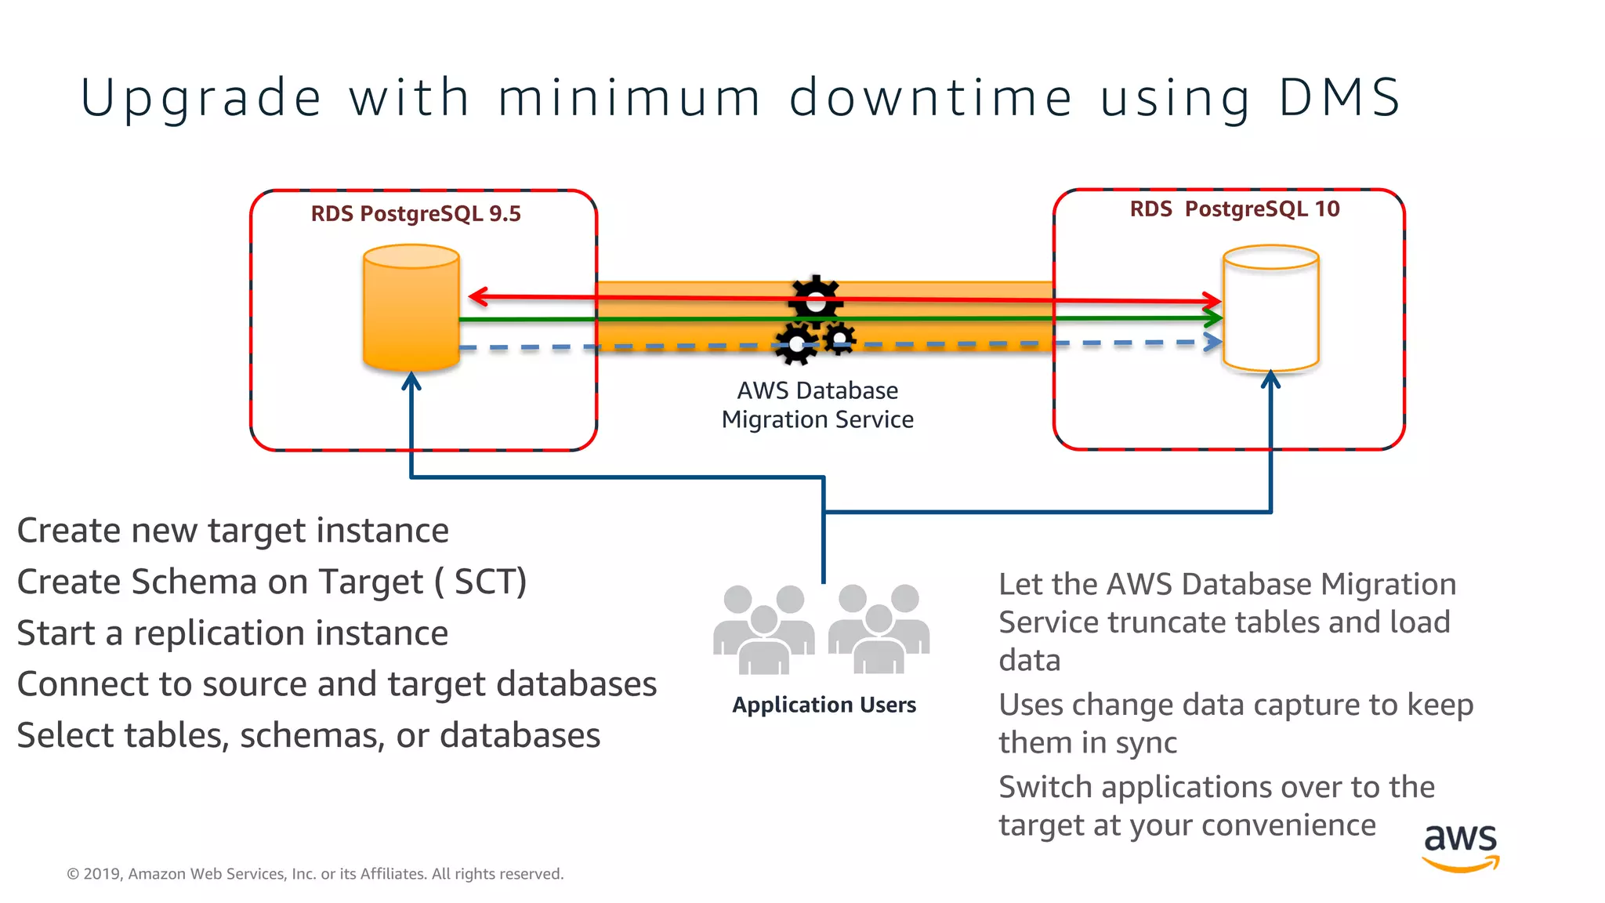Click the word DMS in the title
click(1339, 99)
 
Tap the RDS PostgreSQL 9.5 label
click(415, 214)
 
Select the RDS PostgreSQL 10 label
click(1234, 209)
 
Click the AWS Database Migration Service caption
click(817, 405)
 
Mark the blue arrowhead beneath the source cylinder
click(411, 382)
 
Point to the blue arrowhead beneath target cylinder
click(1270, 381)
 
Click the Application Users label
click(824, 705)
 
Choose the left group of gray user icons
click(763, 629)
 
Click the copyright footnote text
click(315, 874)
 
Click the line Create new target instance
click(233, 531)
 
